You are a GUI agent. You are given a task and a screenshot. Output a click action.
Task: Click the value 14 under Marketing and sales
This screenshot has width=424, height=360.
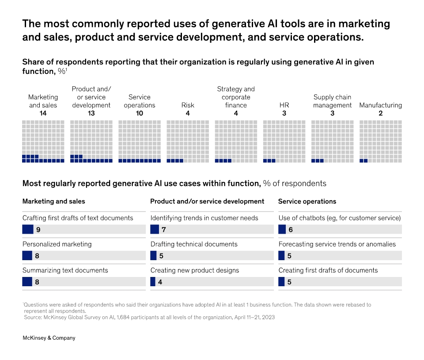click(x=43, y=114)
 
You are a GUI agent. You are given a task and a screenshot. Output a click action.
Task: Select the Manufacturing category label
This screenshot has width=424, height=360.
click(x=380, y=105)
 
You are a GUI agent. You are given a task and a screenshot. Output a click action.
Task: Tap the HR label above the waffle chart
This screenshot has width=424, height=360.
click(x=284, y=105)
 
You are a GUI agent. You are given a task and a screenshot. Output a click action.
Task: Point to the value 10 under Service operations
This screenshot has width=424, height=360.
click(x=139, y=114)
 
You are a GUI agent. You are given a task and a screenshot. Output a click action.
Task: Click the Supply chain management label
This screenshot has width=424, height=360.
click(x=332, y=101)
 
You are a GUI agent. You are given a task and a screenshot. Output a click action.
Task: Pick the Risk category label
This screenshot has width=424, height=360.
click(x=187, y=105)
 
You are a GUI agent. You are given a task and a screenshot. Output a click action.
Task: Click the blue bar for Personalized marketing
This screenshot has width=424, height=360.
click(x=27, y=256)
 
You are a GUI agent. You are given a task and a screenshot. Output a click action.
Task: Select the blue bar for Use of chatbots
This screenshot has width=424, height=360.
click(x=283, y=230)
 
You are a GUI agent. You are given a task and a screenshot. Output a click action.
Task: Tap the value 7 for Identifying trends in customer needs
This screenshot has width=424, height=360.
click(x=163, y=230)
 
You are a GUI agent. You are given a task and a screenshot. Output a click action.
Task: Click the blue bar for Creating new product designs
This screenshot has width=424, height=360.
click(x=153, y=282)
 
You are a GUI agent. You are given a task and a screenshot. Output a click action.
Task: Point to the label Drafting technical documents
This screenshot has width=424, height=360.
click(x=194, y=244)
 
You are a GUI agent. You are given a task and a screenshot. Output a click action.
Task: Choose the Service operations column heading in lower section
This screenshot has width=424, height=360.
click(x=307, y=201)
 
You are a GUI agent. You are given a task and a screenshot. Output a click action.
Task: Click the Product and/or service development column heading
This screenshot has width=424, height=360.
click(x=207, y=201)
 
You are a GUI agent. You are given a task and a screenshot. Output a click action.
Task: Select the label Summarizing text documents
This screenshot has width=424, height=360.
click(x=65, y=270)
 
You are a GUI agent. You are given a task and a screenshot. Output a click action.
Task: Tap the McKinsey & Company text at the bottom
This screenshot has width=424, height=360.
click(x=49, y=338)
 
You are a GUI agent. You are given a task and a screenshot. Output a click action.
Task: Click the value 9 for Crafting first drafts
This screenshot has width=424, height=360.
click(x=38, y=230)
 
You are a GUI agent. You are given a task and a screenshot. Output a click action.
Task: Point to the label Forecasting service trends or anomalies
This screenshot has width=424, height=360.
click(x=337, y=244)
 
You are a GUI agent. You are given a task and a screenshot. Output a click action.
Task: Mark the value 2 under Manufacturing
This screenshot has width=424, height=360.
click(x=380, y=114)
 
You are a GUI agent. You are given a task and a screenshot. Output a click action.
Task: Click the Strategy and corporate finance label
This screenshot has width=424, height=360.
click(x=236, y=97)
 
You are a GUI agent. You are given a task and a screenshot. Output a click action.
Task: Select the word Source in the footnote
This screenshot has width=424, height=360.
click(x=33, y=317)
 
